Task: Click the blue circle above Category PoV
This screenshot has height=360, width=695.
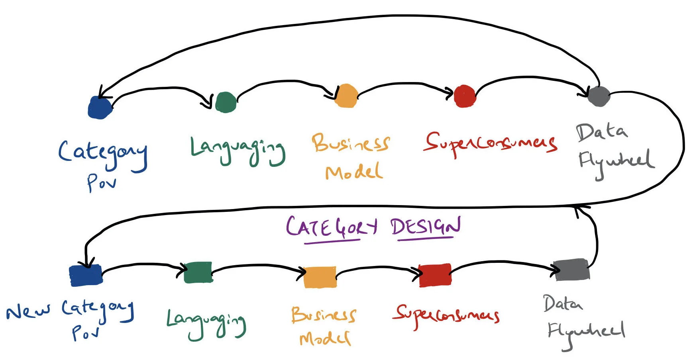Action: click(x=100, y=108)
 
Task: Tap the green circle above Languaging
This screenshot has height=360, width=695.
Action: click(x=226, y=102)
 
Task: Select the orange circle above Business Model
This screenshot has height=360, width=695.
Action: click(x=346, y=96)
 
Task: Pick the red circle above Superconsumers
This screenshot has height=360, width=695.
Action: click(x=465, y=96)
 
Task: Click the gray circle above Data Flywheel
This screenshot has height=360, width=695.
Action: click(x=598, y=96)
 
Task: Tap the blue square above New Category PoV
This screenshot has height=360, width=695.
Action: click(x=86, y=276)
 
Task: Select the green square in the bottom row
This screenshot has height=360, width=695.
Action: click(x=198, y=272)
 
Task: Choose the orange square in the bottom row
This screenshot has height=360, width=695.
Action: click(x=320, y=277)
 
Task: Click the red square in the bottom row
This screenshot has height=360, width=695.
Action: click(x=435, y=275)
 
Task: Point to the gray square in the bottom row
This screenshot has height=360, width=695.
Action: click(x=572, y=270)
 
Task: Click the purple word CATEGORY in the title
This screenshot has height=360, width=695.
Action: click(x=331, y=227)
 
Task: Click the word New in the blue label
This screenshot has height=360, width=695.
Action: click(x=28, y=311)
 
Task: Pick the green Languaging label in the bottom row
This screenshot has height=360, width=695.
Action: click(x=206, y=323)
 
